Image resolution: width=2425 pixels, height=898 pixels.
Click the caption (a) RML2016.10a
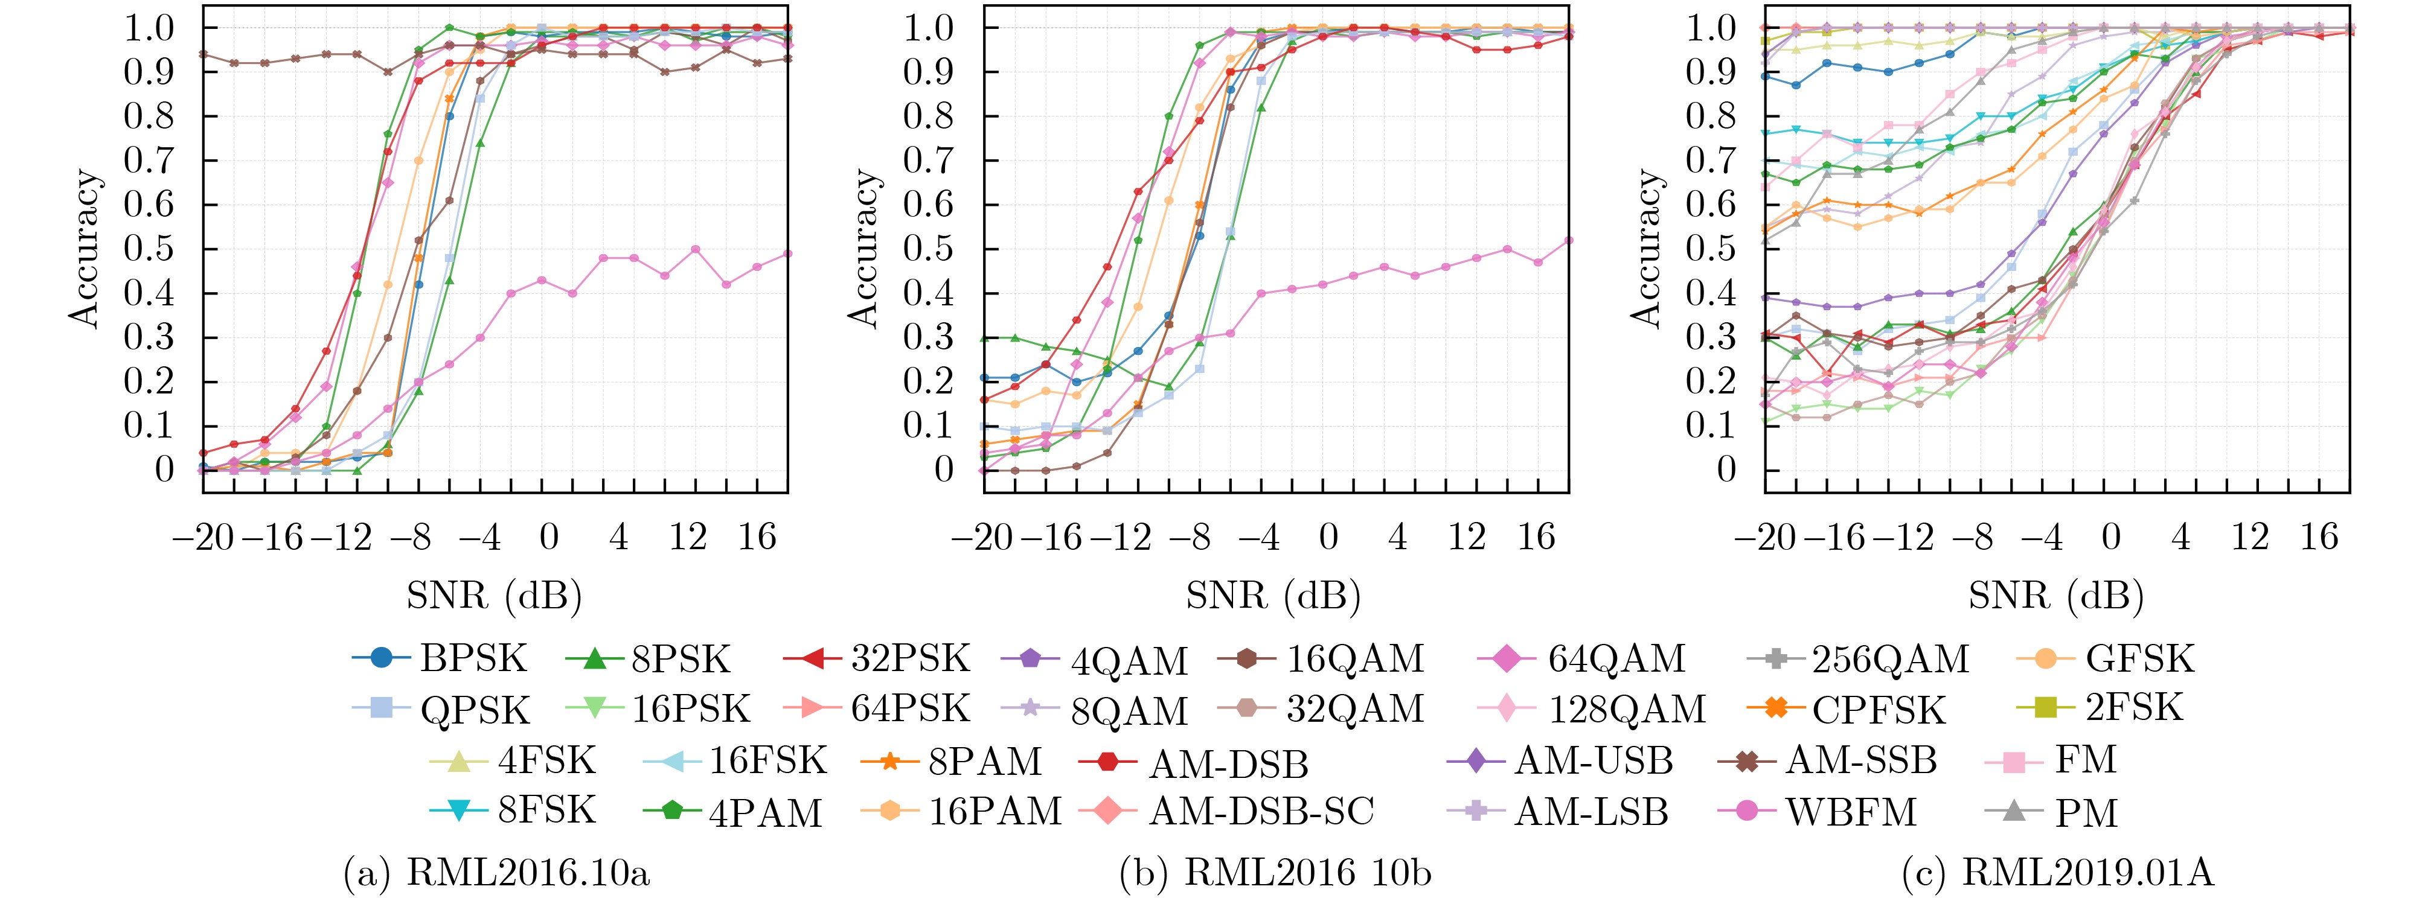coord(497,873)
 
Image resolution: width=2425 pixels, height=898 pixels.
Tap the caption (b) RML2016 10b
coord(1275,873)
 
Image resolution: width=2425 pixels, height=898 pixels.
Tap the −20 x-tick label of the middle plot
coord(982,538)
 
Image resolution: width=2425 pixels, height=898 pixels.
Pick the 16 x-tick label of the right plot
coord(2319,538)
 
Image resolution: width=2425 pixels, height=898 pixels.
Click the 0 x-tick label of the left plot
coord(549,538)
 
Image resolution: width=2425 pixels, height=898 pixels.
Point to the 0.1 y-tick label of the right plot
coord(1711,425)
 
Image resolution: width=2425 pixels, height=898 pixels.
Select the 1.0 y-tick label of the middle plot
coord(929,28)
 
